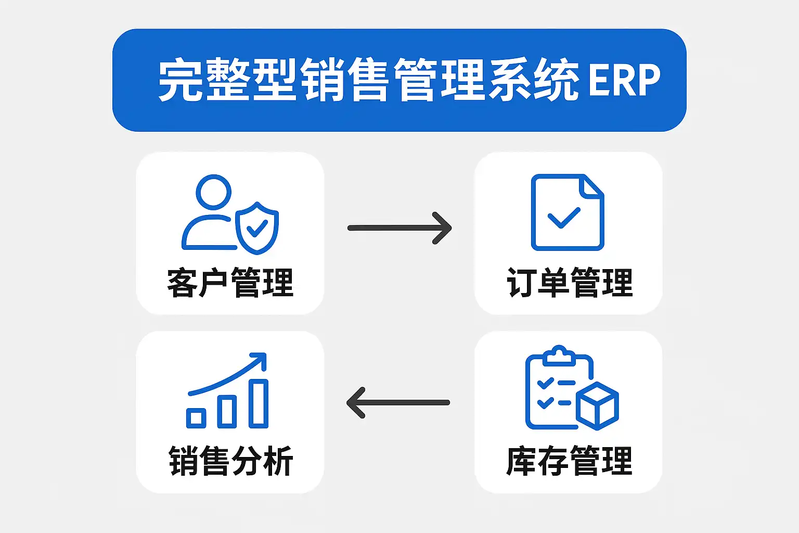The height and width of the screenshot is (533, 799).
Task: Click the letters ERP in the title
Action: [624, 80]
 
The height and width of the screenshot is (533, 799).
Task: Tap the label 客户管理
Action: [230, 283]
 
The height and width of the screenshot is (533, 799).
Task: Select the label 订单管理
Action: [570, 283]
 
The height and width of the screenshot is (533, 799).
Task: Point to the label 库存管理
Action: [569, 461]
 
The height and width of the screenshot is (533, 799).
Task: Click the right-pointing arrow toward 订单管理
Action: [399, 228]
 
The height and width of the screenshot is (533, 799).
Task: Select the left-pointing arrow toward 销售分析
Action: [398, 402]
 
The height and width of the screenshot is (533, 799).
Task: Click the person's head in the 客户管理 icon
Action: [213, 192]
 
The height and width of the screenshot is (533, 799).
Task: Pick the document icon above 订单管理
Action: [567, 212]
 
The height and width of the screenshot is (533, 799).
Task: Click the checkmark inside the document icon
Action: [564, 217]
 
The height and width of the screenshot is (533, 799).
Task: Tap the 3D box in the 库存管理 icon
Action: [598, 406]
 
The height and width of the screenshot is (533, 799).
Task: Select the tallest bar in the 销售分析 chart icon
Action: [259, 403]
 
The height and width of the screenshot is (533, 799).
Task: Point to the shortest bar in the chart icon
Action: [196, 418]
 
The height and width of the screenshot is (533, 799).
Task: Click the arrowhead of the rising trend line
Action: [260, 359]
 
